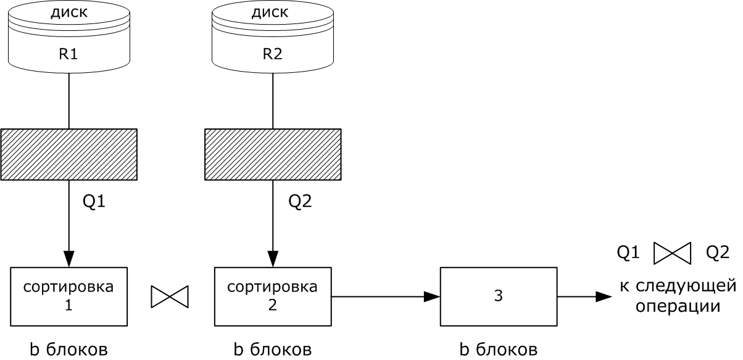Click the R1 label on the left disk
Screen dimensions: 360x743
tap(68, 54)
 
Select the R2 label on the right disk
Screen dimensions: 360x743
tap(272, 54)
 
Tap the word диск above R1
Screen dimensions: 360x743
tap(68, 12)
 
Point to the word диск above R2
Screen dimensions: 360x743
tap(272, 12)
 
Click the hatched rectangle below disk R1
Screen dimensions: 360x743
tap(68, 154)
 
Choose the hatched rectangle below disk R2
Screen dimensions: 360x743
tap(272, 154)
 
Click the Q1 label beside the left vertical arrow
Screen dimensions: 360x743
tap(94, 201)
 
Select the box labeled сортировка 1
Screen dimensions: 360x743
tap(69, 296)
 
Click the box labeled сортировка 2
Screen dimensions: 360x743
tap(272, 296)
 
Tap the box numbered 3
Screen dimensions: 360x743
tap(499, 296)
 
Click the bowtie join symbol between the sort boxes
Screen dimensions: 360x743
tap(169, 297)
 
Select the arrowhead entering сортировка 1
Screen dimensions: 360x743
tap(68, 259)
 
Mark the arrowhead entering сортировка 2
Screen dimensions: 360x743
tap(272, 259)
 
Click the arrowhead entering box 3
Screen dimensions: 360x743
tap(432, 297)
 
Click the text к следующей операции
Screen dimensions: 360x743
tap(678, 296)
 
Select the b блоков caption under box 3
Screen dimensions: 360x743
tap(499, 350)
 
